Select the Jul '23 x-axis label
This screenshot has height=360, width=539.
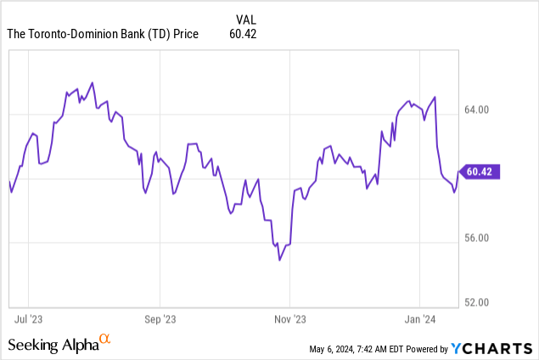[x=30, y=320]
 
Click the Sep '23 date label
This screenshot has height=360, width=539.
[x=160, y=320]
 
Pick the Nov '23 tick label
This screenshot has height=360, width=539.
[x=289, y=320]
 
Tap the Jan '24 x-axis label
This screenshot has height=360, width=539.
[x=420, y=320]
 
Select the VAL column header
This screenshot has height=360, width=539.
[x=244, y=18]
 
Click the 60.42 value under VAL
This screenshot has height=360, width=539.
[x=243, y=34]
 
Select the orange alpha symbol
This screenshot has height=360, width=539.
[x=105, y=340]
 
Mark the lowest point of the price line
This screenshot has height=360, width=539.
[x=279, y=260]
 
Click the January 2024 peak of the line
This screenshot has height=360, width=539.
[x=435, y=97]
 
